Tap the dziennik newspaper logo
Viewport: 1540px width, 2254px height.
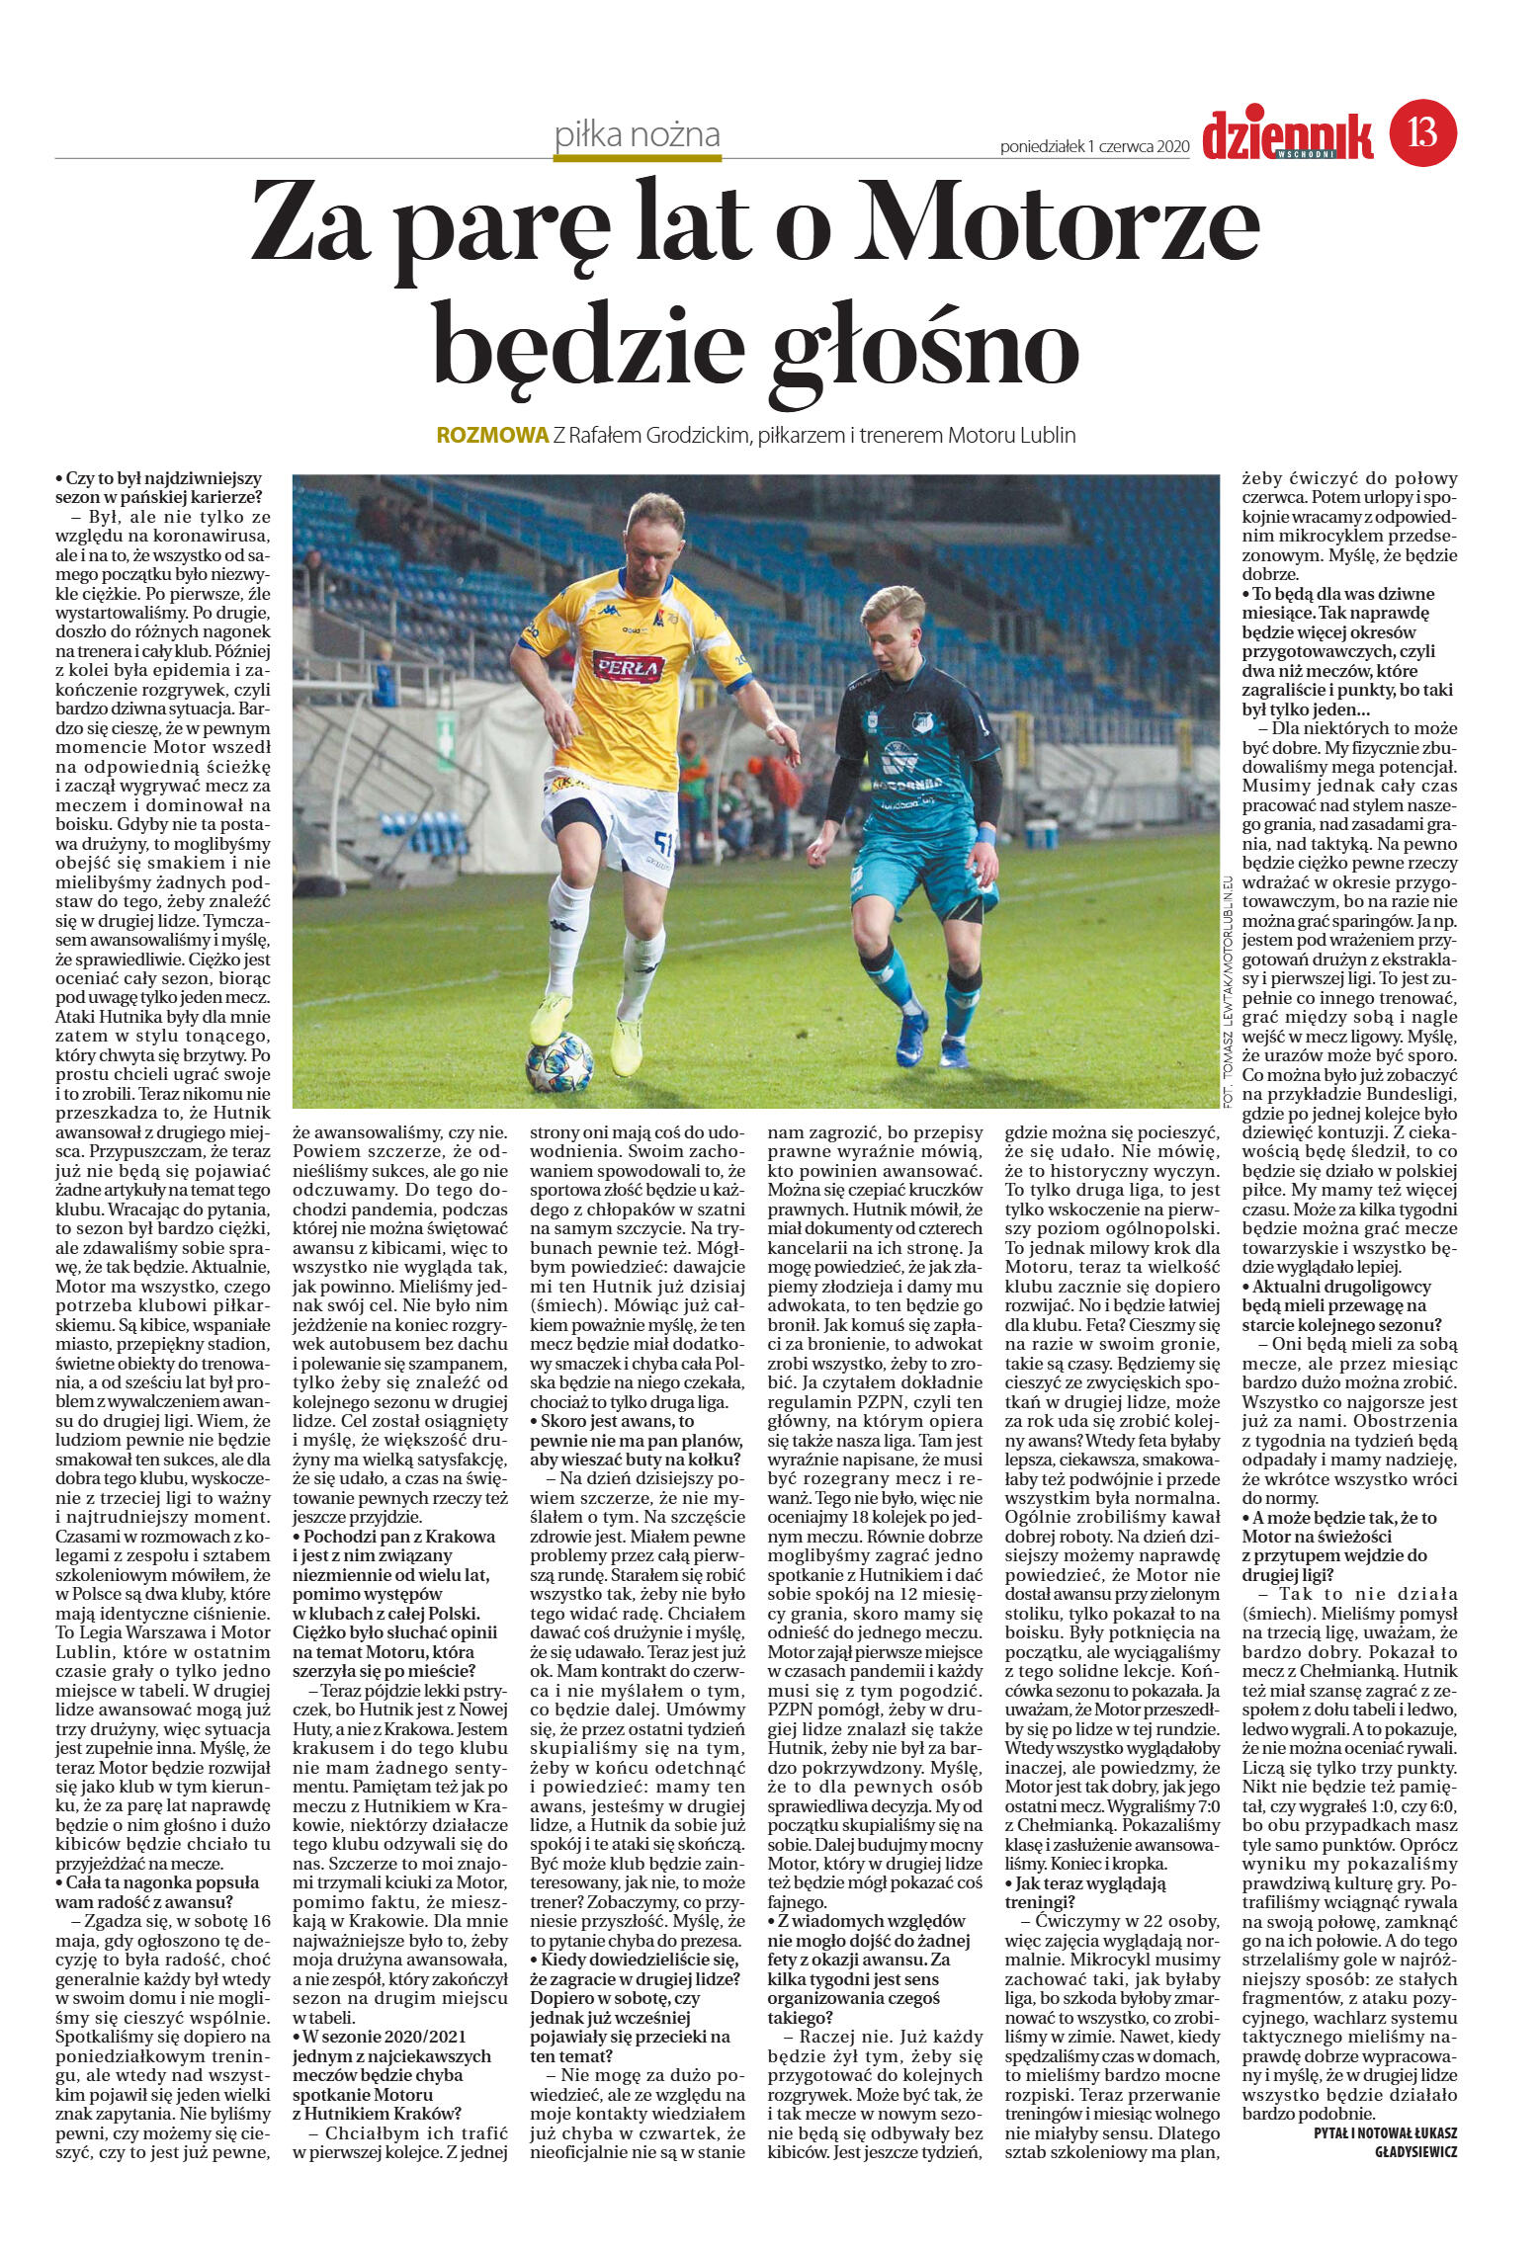point(1288,135)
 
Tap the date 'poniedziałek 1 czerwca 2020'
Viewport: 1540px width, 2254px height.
point(1094,146)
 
